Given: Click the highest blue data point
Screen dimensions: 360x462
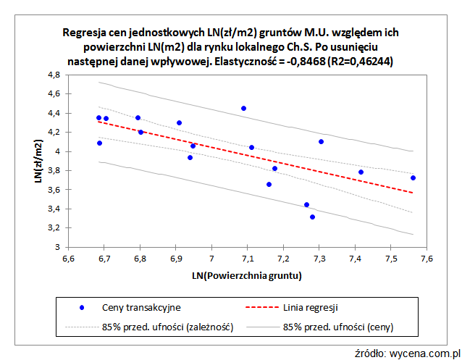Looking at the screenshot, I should tap(243, 108).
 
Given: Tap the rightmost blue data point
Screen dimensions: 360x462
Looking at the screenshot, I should tap(413, 177).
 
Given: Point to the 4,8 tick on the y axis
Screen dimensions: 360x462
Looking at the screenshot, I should tap(53, 75).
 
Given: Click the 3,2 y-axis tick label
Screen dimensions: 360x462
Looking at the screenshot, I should tap(53, 228).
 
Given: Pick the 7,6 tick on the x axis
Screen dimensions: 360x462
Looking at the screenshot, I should tap(426, 259).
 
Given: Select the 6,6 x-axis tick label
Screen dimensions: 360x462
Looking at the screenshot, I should tap(68, 259).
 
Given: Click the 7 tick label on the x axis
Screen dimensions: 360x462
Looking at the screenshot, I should tap(211, 259).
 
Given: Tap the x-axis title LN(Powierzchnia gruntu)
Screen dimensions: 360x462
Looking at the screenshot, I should tap(246, 276).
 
